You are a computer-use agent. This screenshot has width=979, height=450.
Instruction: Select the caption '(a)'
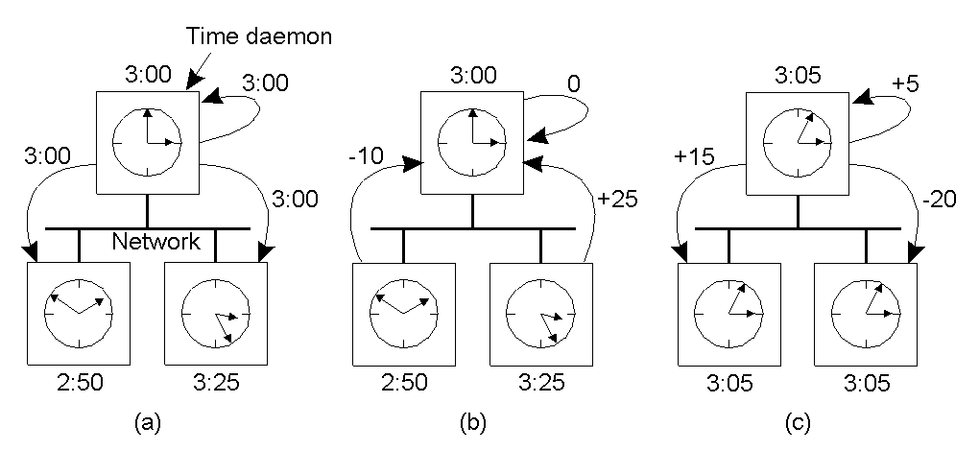pyautogui.click(x=147, y=419)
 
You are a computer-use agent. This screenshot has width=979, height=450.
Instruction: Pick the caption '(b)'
pyautogui.click(x=472, y=419)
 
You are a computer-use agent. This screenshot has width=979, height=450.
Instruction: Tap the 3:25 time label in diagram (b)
pyautogui.click(x=540, y=384)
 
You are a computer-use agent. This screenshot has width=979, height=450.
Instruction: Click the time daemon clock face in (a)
pyautogui.click(x=147, y=141)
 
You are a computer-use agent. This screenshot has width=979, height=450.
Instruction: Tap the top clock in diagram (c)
pyautogui.click(x=799, y=141)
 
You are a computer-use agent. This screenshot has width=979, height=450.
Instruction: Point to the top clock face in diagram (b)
pyautogui.click(x=472, y=141)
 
